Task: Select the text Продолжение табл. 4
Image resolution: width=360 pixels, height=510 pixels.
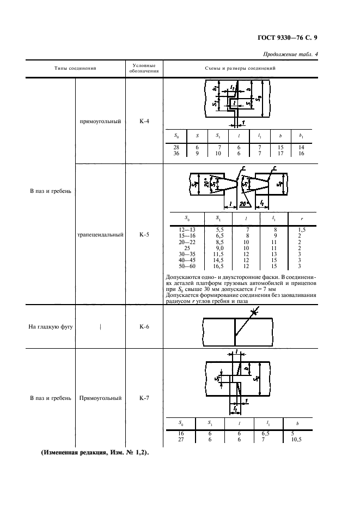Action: [x=290, y=54]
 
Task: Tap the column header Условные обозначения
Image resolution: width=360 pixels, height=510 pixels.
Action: [x=144, y=68]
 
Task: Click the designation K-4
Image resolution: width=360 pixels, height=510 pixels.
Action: [x=144, y=122]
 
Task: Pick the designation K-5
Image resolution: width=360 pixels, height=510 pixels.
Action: [x=144, y=234]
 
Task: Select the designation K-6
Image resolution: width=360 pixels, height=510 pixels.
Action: [x=144, y=326]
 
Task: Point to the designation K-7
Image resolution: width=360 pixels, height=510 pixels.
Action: [x=144, y=398]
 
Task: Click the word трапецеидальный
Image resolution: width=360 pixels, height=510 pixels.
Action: [x=101, y=234]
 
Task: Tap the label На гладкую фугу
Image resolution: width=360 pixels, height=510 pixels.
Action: [x=51, y=326]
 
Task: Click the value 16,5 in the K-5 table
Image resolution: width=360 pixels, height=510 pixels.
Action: [x=218, y=266]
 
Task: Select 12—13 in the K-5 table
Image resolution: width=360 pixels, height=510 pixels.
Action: [x=187, y=229]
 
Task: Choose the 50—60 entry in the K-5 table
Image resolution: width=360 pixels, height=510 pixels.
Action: [x=187, y=266]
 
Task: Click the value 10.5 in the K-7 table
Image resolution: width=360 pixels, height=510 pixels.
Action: [x=296, y=439]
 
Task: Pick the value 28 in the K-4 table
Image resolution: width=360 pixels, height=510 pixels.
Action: [x=176, y=147]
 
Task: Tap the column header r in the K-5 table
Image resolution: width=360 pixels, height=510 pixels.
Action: [x=302, y=219]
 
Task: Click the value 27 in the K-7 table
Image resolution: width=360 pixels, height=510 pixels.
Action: [x=181, y=439]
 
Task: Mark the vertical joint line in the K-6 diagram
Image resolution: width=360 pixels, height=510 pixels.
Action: [x=235, y=332]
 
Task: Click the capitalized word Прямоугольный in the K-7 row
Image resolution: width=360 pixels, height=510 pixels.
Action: [x=101, y=398]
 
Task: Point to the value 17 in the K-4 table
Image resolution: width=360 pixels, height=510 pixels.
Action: [x=280, y=153]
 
